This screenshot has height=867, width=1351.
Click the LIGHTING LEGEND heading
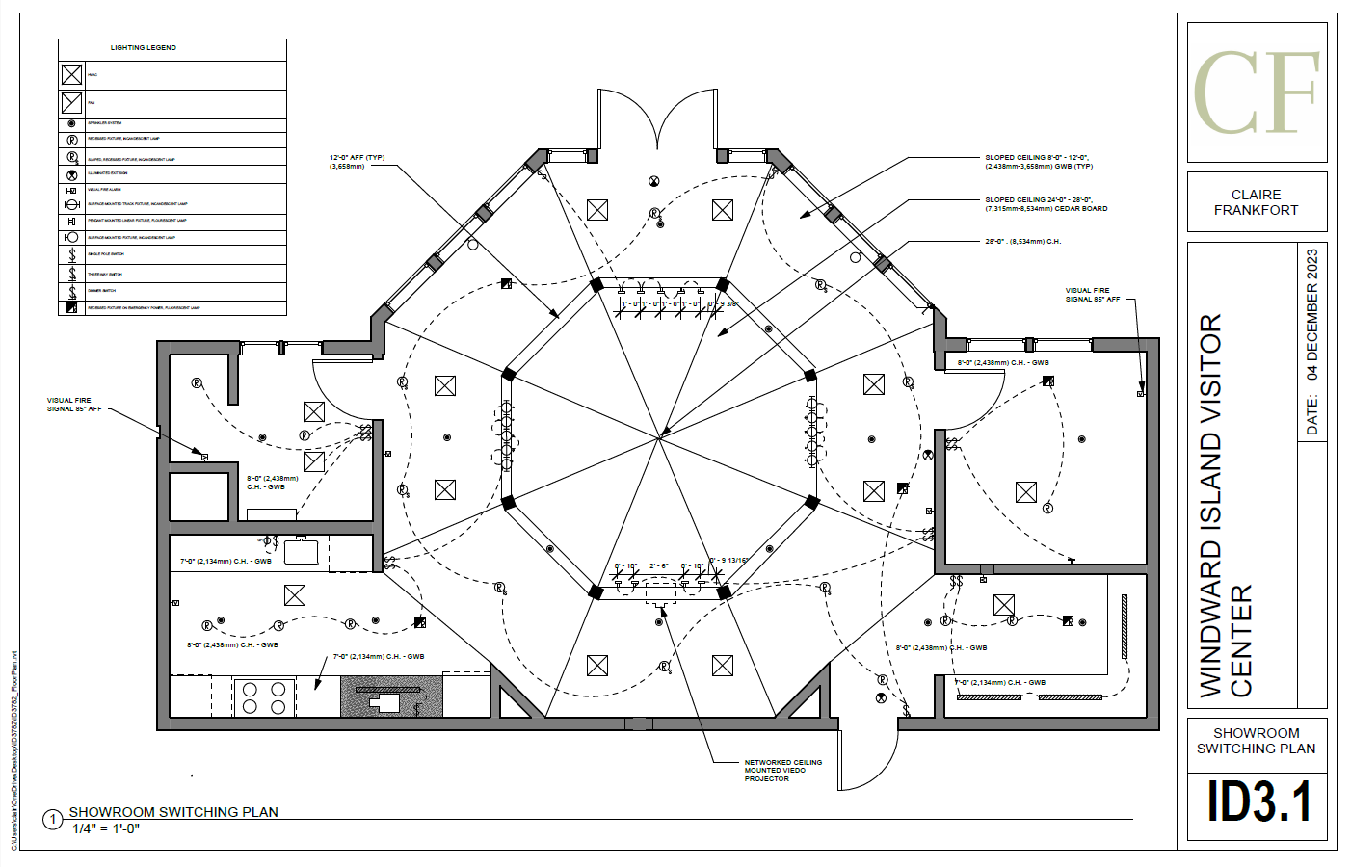tap(143, 47)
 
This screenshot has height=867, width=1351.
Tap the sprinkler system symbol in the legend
tap(71, 124)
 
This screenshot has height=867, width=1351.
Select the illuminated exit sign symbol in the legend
tap(71, 174)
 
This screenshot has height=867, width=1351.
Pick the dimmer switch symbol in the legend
tap(71, 291)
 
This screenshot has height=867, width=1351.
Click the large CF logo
tap(1257, 92)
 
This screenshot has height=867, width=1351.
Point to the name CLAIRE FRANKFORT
tap(1256, 202)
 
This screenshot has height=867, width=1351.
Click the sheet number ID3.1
tap(1258, 801)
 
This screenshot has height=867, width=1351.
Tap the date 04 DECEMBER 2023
tap(1311, 315)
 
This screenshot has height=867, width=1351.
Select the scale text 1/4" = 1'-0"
tap(106, 828)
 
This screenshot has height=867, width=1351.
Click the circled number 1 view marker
tap(53, 820)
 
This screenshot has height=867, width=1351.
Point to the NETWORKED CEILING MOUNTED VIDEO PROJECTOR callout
tap(782, 771)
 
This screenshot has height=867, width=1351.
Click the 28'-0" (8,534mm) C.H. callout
tap(1022, 242)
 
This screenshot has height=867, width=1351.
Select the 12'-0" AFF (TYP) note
tap(357, 162)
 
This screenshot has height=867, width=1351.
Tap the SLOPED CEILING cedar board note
tap(1046, 204)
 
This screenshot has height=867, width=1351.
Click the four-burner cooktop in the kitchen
tap(264, 697)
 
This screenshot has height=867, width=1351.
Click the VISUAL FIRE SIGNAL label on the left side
tap(74, 405)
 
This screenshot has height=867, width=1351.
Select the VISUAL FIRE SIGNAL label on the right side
tap(1093, 295)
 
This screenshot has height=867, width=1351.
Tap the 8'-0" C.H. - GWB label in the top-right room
tap(1002, 363)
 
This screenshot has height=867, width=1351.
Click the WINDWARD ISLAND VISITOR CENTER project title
tap(1225, 506)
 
